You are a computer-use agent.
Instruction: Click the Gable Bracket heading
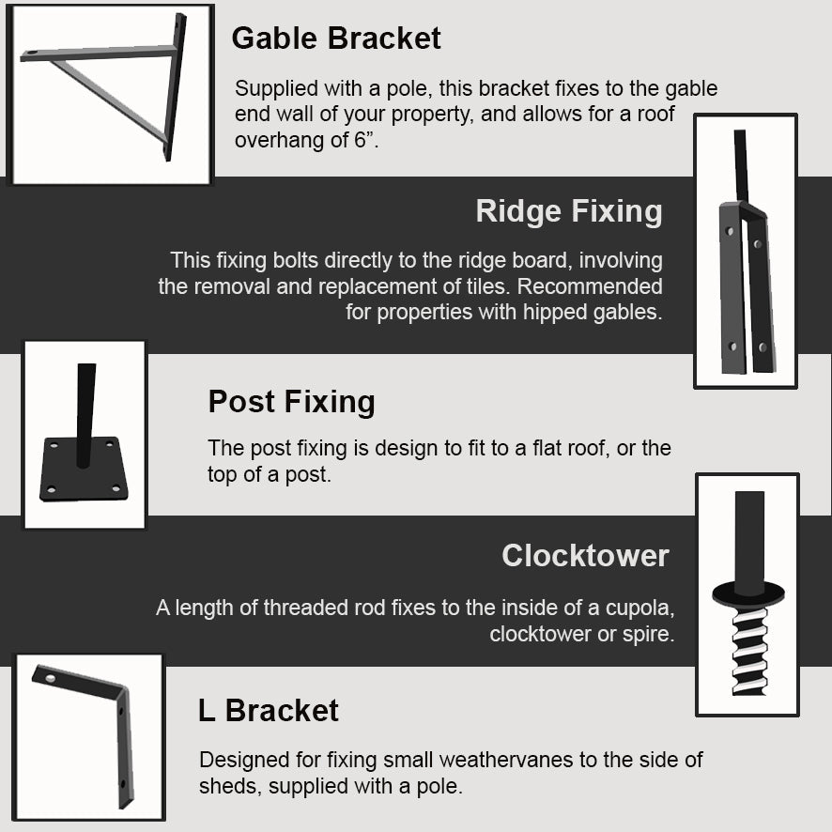coord(336,39)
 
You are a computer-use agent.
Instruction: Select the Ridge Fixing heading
coord(569,211)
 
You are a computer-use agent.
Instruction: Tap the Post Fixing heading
coord(291,402)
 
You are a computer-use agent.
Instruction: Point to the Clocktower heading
coord(585,556)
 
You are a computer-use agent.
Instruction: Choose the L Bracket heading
coord(268,710)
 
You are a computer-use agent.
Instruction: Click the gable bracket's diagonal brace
coord(109,100)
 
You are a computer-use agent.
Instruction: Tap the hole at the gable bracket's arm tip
coord(30,54)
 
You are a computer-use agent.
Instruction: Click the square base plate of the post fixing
coord(84,470)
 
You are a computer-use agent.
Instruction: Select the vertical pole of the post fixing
coord(85,415)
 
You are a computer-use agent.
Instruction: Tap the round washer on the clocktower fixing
coord(748,593)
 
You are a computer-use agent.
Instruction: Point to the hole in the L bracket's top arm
coord(51,678)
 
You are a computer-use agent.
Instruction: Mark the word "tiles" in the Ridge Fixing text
coord(487,286)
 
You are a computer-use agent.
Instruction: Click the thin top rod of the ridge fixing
coord(741,166)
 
